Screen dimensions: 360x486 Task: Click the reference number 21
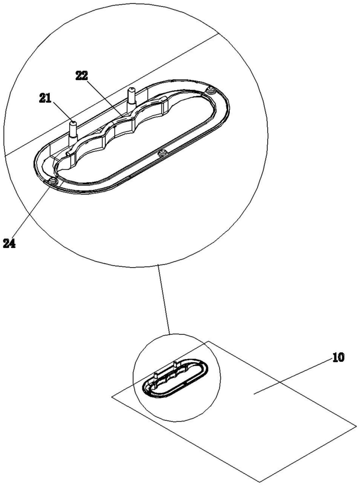coord(46,99)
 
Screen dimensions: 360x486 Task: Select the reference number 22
coord(81,75)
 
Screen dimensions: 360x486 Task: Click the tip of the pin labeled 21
coord(74,122)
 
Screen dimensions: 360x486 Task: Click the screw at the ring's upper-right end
coord(211,91)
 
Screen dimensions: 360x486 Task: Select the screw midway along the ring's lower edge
coord(162,152)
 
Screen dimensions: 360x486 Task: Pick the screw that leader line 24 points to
coord(55,181)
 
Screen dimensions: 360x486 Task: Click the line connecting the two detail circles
coord(164,299)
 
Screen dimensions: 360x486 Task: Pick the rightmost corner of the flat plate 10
coord(356,426)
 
